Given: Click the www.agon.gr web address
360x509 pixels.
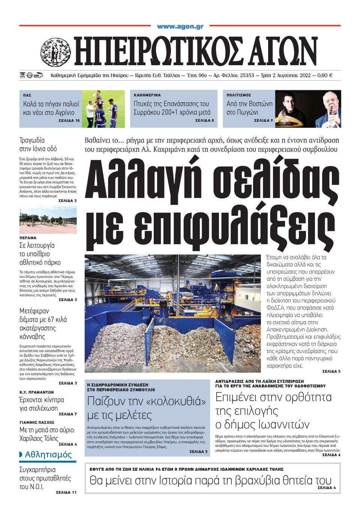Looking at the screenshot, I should (180, 27).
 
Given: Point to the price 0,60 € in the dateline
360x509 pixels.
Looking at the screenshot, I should (325, 75).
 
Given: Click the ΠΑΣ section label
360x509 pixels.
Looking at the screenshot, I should (26, 95).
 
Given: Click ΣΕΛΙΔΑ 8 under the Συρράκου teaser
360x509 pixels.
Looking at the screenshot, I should (204, 121).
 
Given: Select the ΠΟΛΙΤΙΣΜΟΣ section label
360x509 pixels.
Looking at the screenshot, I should (238, 95).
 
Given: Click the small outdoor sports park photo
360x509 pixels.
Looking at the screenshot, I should (48, 220).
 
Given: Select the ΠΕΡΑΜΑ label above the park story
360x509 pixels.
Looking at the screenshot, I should (27, 238).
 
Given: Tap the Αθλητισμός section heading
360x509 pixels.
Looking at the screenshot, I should (48, 455).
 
